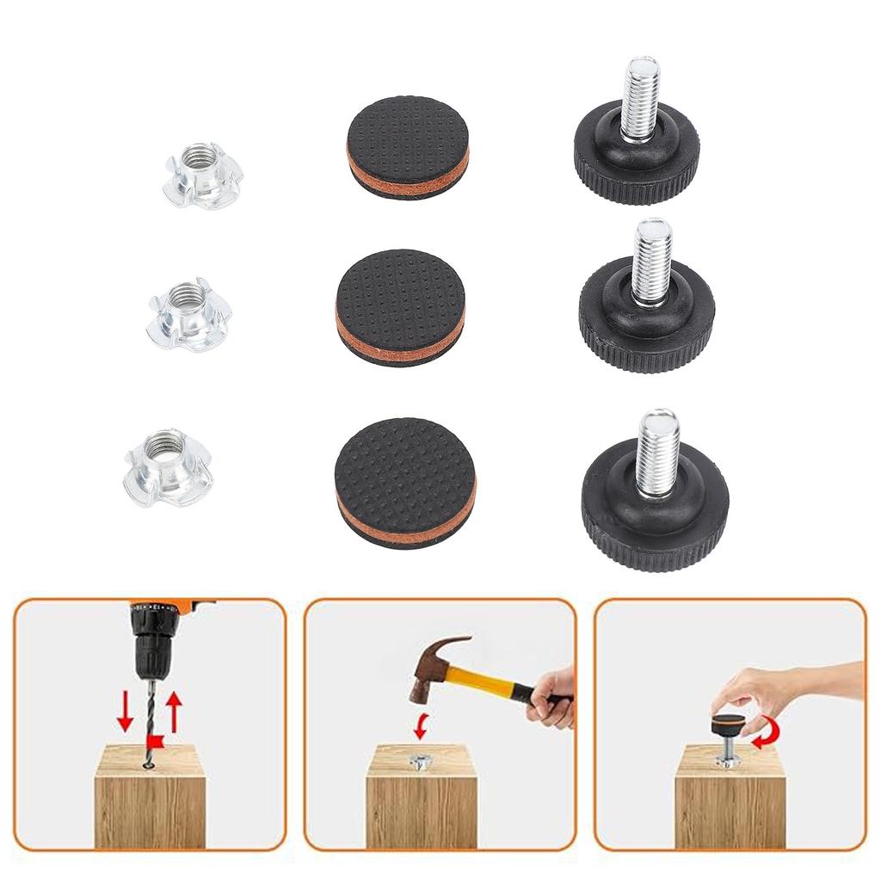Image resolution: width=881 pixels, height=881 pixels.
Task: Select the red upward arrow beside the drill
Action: (x=175, y=712)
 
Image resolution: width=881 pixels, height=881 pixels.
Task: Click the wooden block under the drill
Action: (x=150, y=800)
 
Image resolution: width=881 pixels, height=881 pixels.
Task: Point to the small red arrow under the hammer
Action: (x=420, y=725)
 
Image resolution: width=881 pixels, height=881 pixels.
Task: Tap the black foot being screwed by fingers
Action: (x=729, y=724)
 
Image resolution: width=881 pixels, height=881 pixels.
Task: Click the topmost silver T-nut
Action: (x=204, y=176)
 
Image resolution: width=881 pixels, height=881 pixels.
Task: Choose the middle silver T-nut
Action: (x=189, y=316)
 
